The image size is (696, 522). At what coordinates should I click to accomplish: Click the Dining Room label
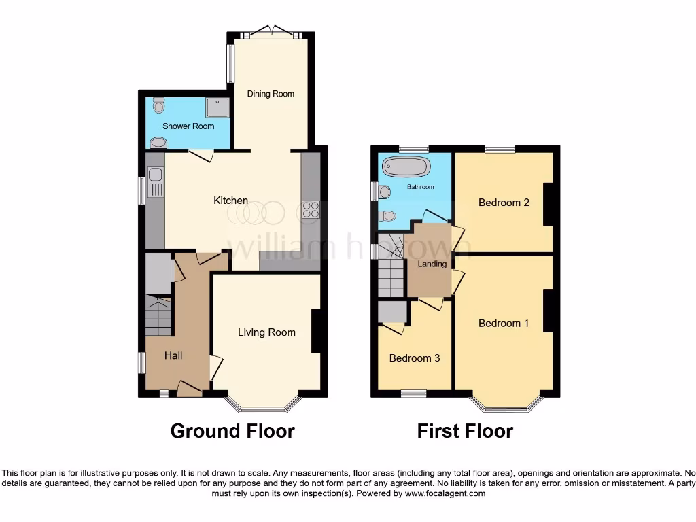coord(271,94)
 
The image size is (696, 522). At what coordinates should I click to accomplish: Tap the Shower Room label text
coord(188,126)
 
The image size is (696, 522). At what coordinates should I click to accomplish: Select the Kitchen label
coord(231,201)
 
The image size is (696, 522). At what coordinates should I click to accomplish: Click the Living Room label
coord(266,332)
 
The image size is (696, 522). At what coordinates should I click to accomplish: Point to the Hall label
coord(173,355)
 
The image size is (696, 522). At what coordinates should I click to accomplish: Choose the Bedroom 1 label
coord(504,324)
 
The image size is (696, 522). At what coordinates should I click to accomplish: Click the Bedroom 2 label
coord(504,203)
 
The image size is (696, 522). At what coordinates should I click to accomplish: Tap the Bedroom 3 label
coord(415,358)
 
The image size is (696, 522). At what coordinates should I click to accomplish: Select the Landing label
coord(432,264)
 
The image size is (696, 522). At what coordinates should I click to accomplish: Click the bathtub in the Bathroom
coord(406,167)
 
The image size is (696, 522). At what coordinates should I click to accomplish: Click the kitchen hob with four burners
coord(311,210)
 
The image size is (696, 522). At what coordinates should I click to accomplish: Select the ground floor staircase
coord(158,316)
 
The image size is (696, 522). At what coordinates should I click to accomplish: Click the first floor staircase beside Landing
coord(391,268)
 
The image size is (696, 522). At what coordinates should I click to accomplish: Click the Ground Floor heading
coord(232,431)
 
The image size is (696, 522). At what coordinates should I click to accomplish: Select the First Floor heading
coord(465,431)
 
